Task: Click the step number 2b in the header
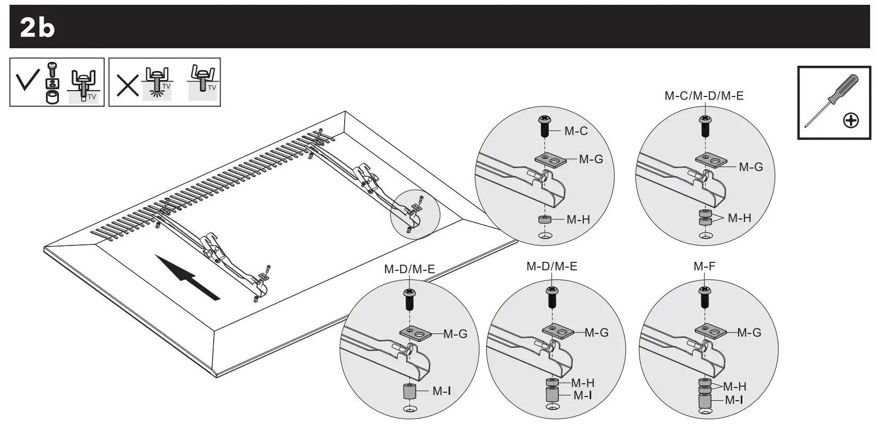click(37, 28)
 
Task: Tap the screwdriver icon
click(827, 101)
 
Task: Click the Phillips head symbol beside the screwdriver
click(850, 121)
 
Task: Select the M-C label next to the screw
click(576, 131)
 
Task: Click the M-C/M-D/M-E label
click(704, 96)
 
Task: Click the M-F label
click(704, 267)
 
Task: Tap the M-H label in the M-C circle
click(578, 219)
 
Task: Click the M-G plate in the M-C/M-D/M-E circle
click(711, 160)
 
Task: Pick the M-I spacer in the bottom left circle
click(409, 392)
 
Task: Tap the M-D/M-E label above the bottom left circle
click(409, 269)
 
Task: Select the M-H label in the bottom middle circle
click(583, 383)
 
